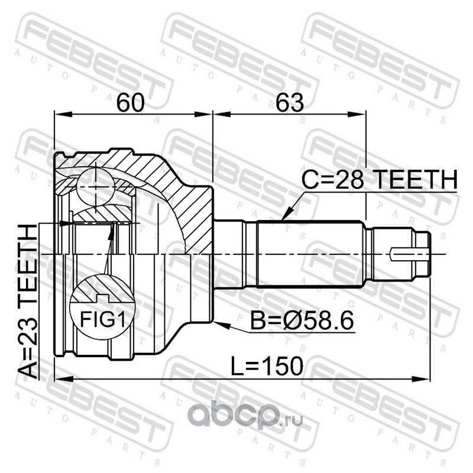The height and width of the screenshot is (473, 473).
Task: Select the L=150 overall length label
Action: click(x=267, y=365)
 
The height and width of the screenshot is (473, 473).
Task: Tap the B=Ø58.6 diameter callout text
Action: click(x=302, y=320)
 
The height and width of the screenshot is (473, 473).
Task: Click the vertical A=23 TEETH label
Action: click(x=28, y=302)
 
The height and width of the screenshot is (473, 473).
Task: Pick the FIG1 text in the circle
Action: click(x=102, y=319)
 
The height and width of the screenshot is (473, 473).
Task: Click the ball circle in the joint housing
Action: click(x=96, y=187)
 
